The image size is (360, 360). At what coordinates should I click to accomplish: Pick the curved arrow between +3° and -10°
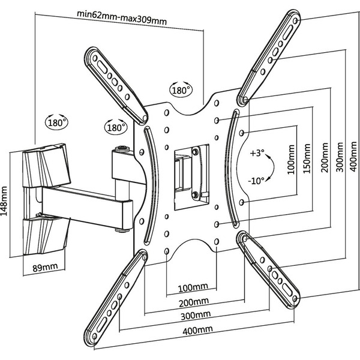point(271,166)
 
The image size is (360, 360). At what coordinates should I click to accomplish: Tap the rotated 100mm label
point(291,161)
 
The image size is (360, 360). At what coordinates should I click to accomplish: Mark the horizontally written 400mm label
point(198,330)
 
